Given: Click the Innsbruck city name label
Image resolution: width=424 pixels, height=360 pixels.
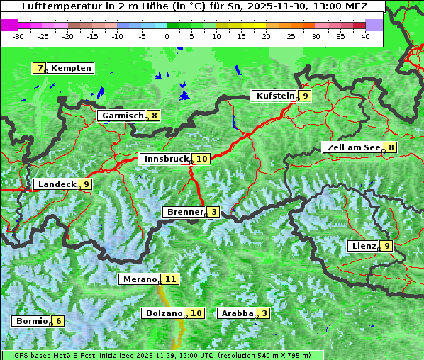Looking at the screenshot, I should tap(165, 159).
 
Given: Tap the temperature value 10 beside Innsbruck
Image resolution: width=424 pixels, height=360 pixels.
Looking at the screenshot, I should tap(202, 159).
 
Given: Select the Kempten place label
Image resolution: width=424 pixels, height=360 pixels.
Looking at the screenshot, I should tap(72, 68).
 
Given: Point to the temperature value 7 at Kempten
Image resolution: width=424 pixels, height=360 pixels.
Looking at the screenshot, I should tap(40, 68).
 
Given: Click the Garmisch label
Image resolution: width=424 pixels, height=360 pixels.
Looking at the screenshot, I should tap(121, 116).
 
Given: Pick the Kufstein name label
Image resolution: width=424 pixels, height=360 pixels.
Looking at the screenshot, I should tap(274, 96).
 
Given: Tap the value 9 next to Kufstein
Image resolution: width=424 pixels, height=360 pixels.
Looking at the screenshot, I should tap(305, 96).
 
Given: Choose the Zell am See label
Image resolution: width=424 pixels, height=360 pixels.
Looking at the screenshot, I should tap(352, 147).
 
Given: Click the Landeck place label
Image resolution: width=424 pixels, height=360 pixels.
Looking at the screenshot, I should tap(56, 184).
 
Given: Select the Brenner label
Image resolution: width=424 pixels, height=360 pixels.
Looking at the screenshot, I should tap(184, 212).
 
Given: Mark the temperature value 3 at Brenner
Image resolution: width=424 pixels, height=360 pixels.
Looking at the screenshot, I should tap(213, 212).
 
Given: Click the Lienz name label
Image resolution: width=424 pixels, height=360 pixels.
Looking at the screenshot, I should tap(363, 246).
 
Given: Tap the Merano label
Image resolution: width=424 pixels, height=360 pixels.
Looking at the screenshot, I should tap(139, 279).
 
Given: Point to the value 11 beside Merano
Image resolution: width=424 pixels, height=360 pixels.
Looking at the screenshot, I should tap(170, 279).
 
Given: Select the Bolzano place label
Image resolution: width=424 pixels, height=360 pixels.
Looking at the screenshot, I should tap(164, 313).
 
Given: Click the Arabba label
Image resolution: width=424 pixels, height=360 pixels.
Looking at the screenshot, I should tap(237, 313).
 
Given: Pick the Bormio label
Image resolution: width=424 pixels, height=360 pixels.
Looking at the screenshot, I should tap(31, 321).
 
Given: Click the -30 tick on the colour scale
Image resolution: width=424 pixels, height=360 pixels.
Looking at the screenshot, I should tap(18, 36).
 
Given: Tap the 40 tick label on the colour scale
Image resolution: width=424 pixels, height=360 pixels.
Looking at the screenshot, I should tap(364, 36).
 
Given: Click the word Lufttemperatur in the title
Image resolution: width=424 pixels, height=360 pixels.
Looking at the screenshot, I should tap(55, 6).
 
